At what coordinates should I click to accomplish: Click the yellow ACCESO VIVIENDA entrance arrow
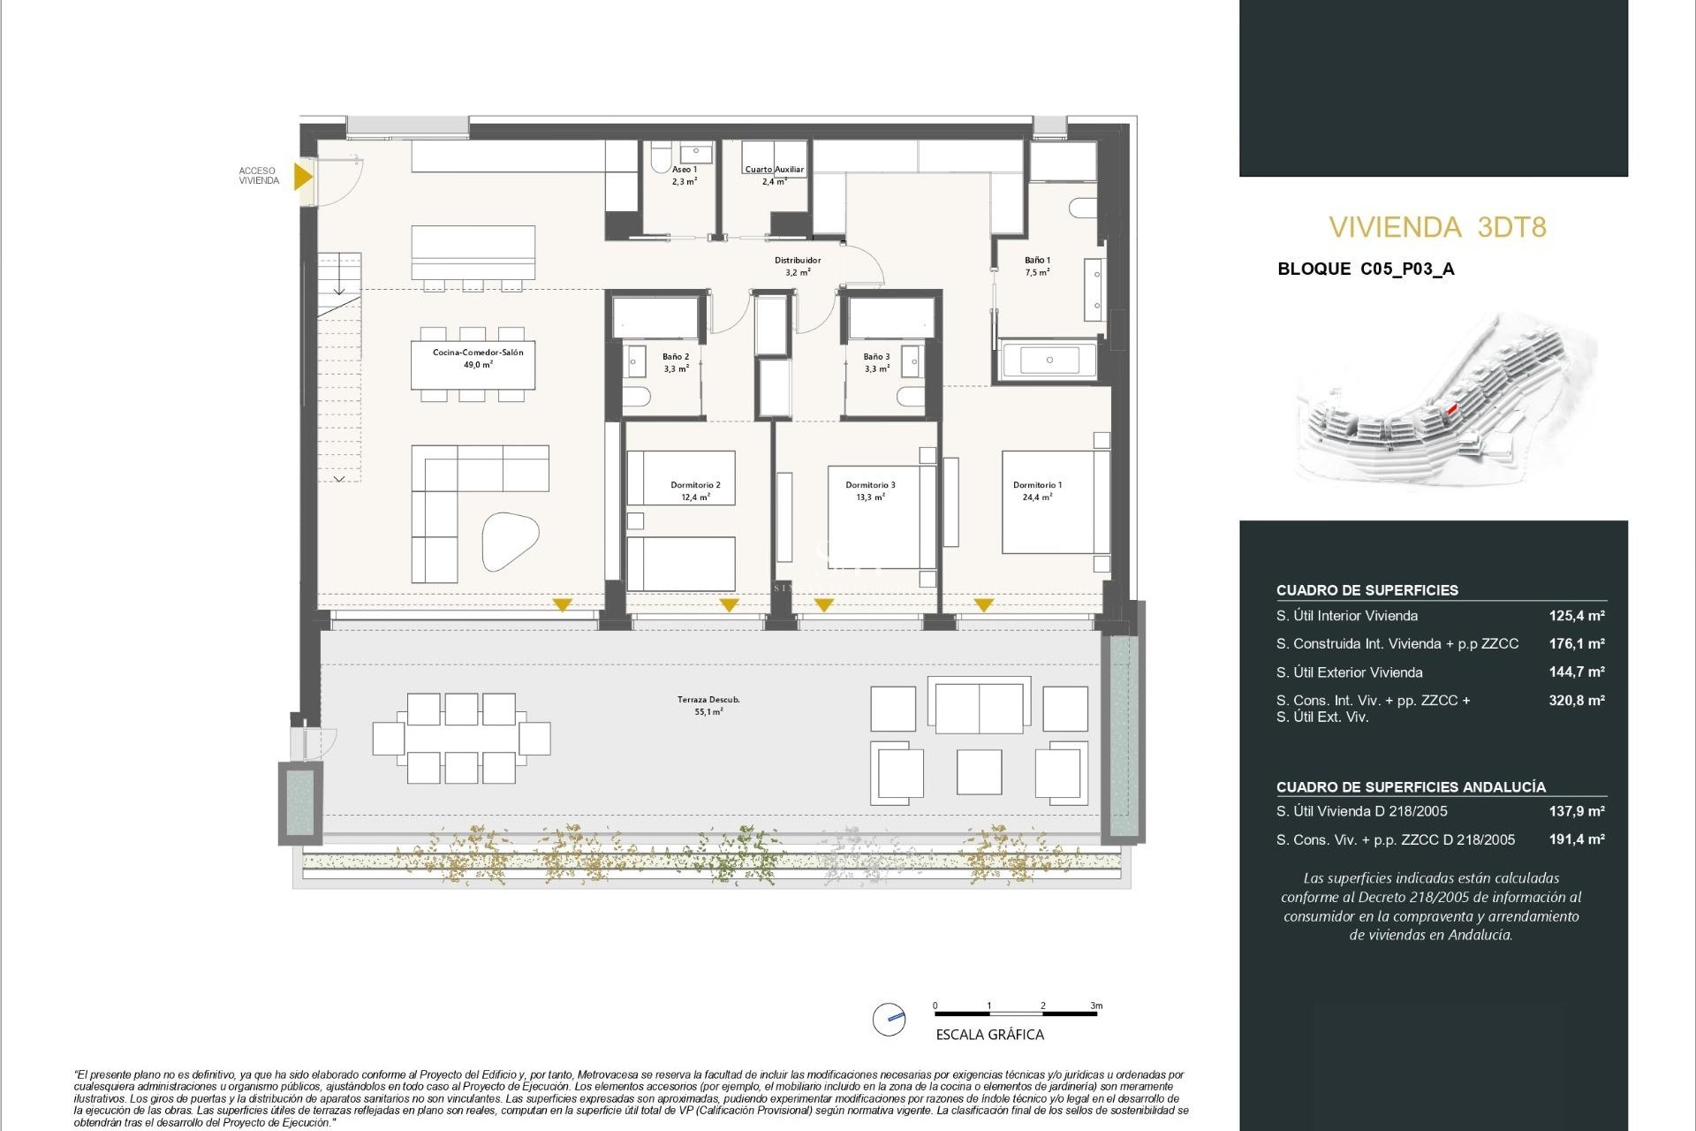coord(302,177)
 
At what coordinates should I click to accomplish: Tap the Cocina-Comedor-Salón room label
coord(478,358)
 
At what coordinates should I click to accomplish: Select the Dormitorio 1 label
coord(1037,490)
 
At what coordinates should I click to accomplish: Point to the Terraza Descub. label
coord(708,704)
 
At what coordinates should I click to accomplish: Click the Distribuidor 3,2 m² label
coord(798,266)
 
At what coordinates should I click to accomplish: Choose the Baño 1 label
coord(1037,266)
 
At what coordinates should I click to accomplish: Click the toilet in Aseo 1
coord(660,158)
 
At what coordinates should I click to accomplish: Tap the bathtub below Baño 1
coord(1049,361)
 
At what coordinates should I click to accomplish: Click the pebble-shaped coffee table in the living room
coord(510,541)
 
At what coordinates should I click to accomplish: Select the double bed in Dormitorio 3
coord(882,518)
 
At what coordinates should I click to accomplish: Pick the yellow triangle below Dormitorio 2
coord(729,605)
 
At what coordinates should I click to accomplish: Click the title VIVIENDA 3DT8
coord(1437,227)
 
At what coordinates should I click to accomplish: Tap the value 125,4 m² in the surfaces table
coord(1576,616)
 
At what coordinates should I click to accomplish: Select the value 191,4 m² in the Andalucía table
coord(1576,839)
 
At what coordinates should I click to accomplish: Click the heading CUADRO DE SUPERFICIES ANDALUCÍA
coord(1411,786)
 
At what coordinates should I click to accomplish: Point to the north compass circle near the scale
coord(889,1019)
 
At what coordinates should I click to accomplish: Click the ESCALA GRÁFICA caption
coord(989,1035)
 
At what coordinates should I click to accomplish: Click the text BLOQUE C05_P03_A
coord(1366,269)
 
